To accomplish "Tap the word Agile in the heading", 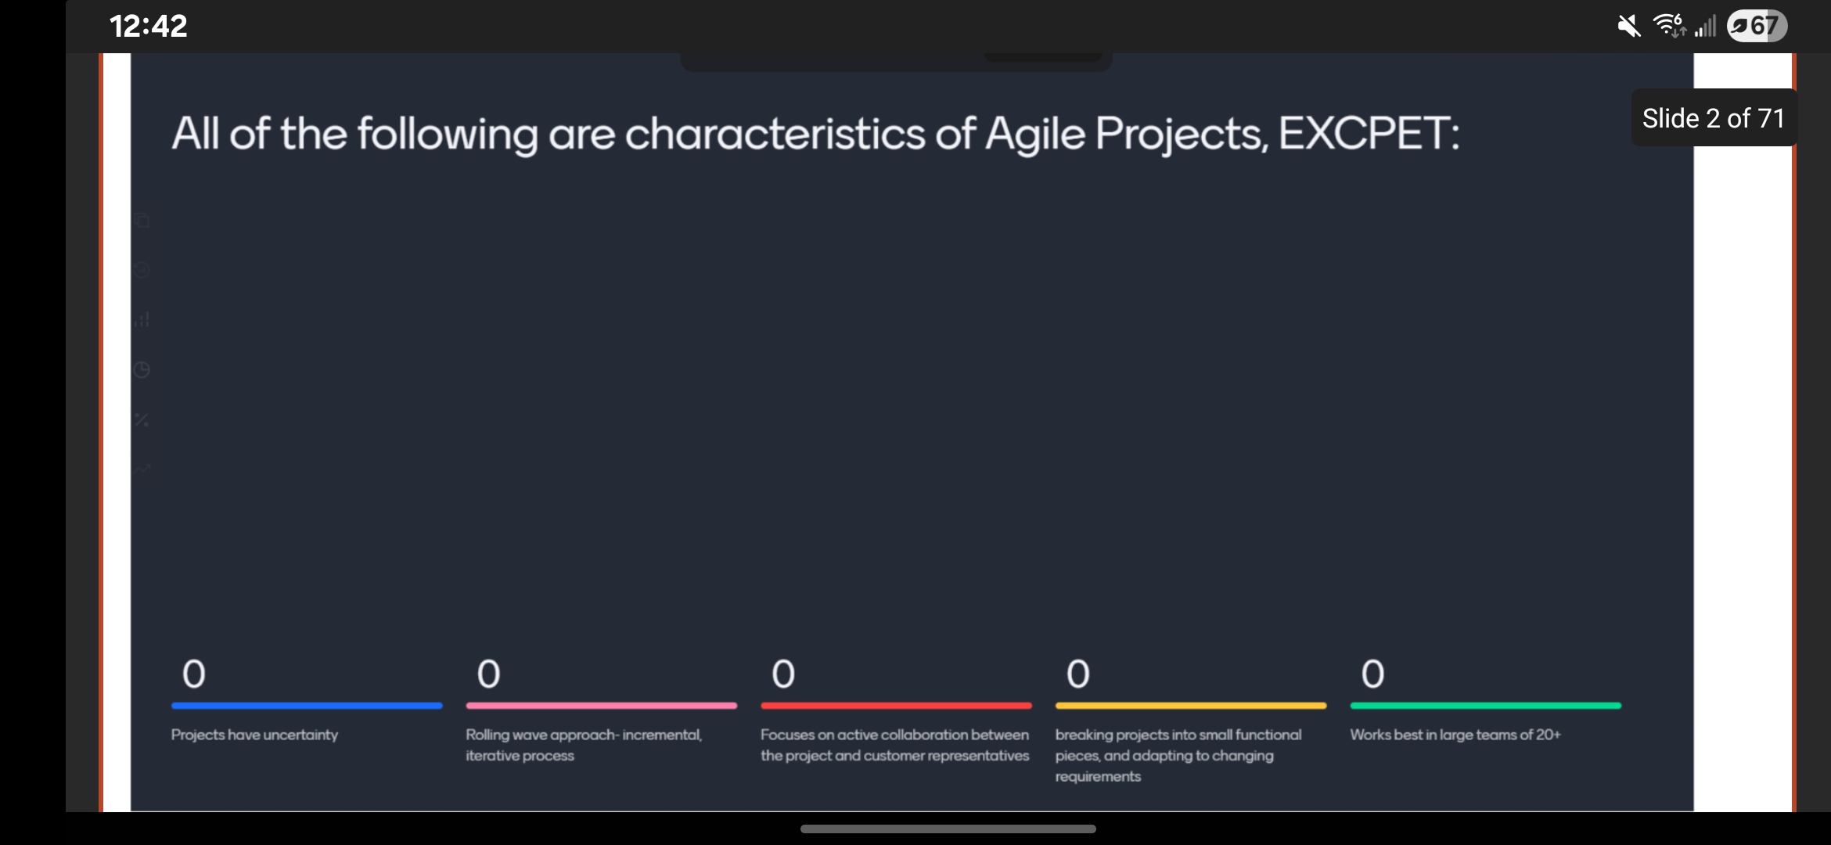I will (1034, 135).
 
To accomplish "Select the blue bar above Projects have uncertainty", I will (307, 706).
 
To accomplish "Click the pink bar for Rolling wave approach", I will (601, 706).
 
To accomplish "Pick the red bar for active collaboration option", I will (896, 706).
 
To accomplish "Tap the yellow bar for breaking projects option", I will (1190, 706).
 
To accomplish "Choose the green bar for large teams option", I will (1485, 706).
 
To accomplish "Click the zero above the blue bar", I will (193, 674).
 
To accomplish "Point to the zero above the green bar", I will (1372, 674).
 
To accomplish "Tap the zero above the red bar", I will (783, 674).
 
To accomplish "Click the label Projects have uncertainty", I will (254, 735).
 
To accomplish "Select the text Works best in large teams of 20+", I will (1455, 735).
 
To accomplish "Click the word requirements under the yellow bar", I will (1097, 777).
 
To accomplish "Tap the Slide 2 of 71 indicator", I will (1713, 118).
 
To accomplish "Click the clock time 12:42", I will (148, 27).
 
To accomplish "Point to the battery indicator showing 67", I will (1757, 27).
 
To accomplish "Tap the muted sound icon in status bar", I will (1628, 27).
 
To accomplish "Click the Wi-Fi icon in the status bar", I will (1668, 26).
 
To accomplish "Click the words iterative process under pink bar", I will (520, 756).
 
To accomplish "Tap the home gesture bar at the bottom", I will (948, 829).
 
